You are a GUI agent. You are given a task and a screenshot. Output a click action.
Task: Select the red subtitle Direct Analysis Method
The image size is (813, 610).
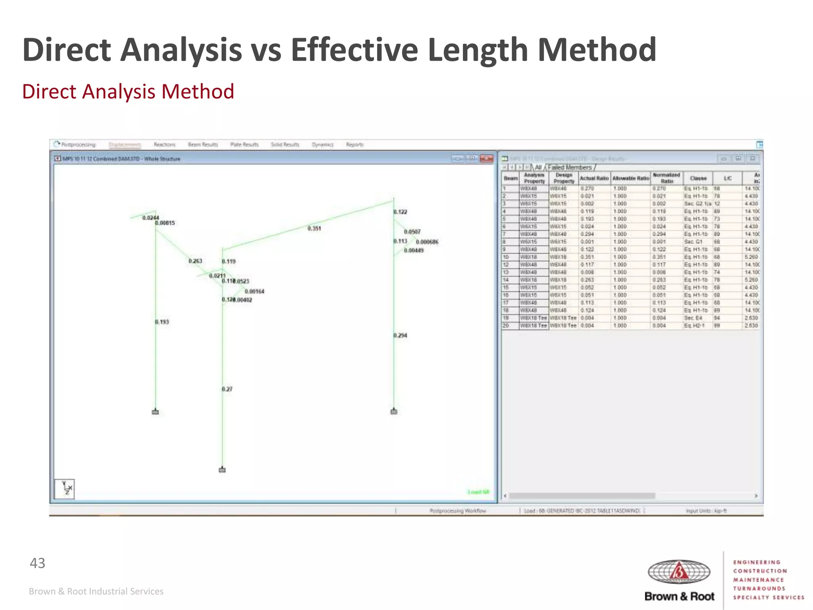click(128, 91)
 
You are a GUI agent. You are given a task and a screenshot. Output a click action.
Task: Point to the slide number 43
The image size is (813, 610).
click(38, 563)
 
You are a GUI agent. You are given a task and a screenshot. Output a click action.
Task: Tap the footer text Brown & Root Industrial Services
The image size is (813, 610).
click(96, 591)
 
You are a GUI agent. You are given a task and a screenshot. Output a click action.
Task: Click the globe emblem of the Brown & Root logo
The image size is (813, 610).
click(679, 572)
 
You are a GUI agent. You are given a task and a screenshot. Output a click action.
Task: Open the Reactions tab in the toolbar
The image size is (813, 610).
click(164, 145)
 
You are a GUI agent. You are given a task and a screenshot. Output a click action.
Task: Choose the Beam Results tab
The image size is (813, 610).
click(203, 145)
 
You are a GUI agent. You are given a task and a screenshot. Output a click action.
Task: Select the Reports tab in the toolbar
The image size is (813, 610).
click(354, 145)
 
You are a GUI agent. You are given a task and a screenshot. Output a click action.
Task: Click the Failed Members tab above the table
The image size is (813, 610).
click(570, 168)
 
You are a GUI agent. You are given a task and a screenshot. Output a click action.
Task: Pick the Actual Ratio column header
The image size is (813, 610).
click(594, 178)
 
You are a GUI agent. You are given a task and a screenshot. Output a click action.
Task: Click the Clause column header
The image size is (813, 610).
click(698, 178)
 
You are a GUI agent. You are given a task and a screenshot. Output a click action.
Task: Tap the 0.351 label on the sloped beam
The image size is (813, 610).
click(314, 228)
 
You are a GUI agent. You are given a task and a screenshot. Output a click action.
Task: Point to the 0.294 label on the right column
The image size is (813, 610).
click(401, 336)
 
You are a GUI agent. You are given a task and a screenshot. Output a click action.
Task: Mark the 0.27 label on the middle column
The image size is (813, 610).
click(227, 389)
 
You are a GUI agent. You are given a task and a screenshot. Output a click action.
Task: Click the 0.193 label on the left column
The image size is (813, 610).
click(162, 322)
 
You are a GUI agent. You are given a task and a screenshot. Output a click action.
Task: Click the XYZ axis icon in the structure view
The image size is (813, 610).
click(65, 489)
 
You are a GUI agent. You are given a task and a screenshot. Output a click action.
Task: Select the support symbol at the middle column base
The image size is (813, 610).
click(222, 470)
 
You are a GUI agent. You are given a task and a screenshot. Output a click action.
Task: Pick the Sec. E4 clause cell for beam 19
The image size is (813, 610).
click(693, 318)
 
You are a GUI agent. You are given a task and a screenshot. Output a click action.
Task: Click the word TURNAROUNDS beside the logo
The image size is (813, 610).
click(759, 589)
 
